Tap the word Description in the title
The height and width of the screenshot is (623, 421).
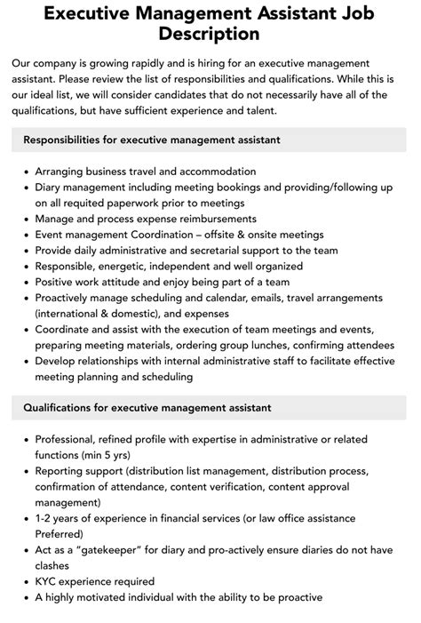pyautogui.click(x=210, y=35)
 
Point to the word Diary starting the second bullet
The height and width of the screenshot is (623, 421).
pyautogui.click(x=51, y=188)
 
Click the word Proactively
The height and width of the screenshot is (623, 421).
pyautogui.click(x=70, y=298)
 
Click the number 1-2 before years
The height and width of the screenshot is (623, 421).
pyautogui.click(x=46, y=518)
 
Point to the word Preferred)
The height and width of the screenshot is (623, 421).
pyautogui.click(x=60, y=534)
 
